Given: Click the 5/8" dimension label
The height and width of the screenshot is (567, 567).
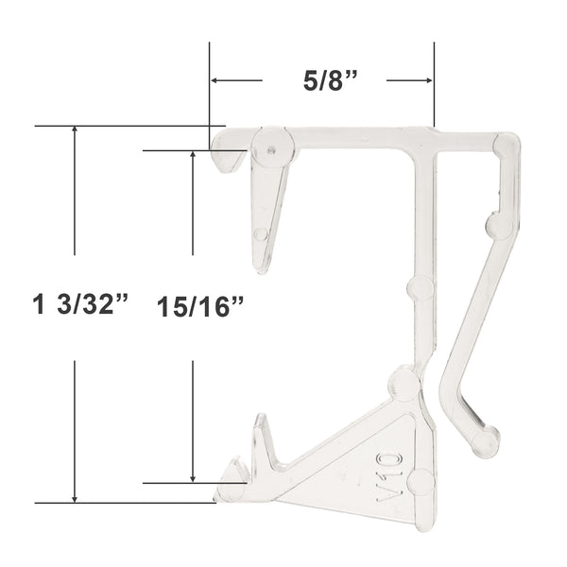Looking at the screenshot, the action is click(330, 80).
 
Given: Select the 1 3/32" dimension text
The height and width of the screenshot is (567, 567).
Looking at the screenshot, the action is click(80, 304).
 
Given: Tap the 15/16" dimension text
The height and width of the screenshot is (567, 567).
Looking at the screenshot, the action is click(200, 307).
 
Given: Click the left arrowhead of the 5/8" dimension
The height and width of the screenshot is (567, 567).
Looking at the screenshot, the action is click(215, 80).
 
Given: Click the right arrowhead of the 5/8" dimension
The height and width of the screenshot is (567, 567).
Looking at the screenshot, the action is click(429, 80).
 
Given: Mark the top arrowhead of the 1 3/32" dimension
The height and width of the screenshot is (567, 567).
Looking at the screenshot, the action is click(75, 129).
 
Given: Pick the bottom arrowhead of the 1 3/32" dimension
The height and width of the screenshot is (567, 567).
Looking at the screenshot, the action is click(75, 499).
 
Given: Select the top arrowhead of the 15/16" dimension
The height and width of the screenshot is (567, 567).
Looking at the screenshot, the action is click(193, 155).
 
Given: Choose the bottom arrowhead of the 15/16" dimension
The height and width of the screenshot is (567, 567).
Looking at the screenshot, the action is click(193, 478).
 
